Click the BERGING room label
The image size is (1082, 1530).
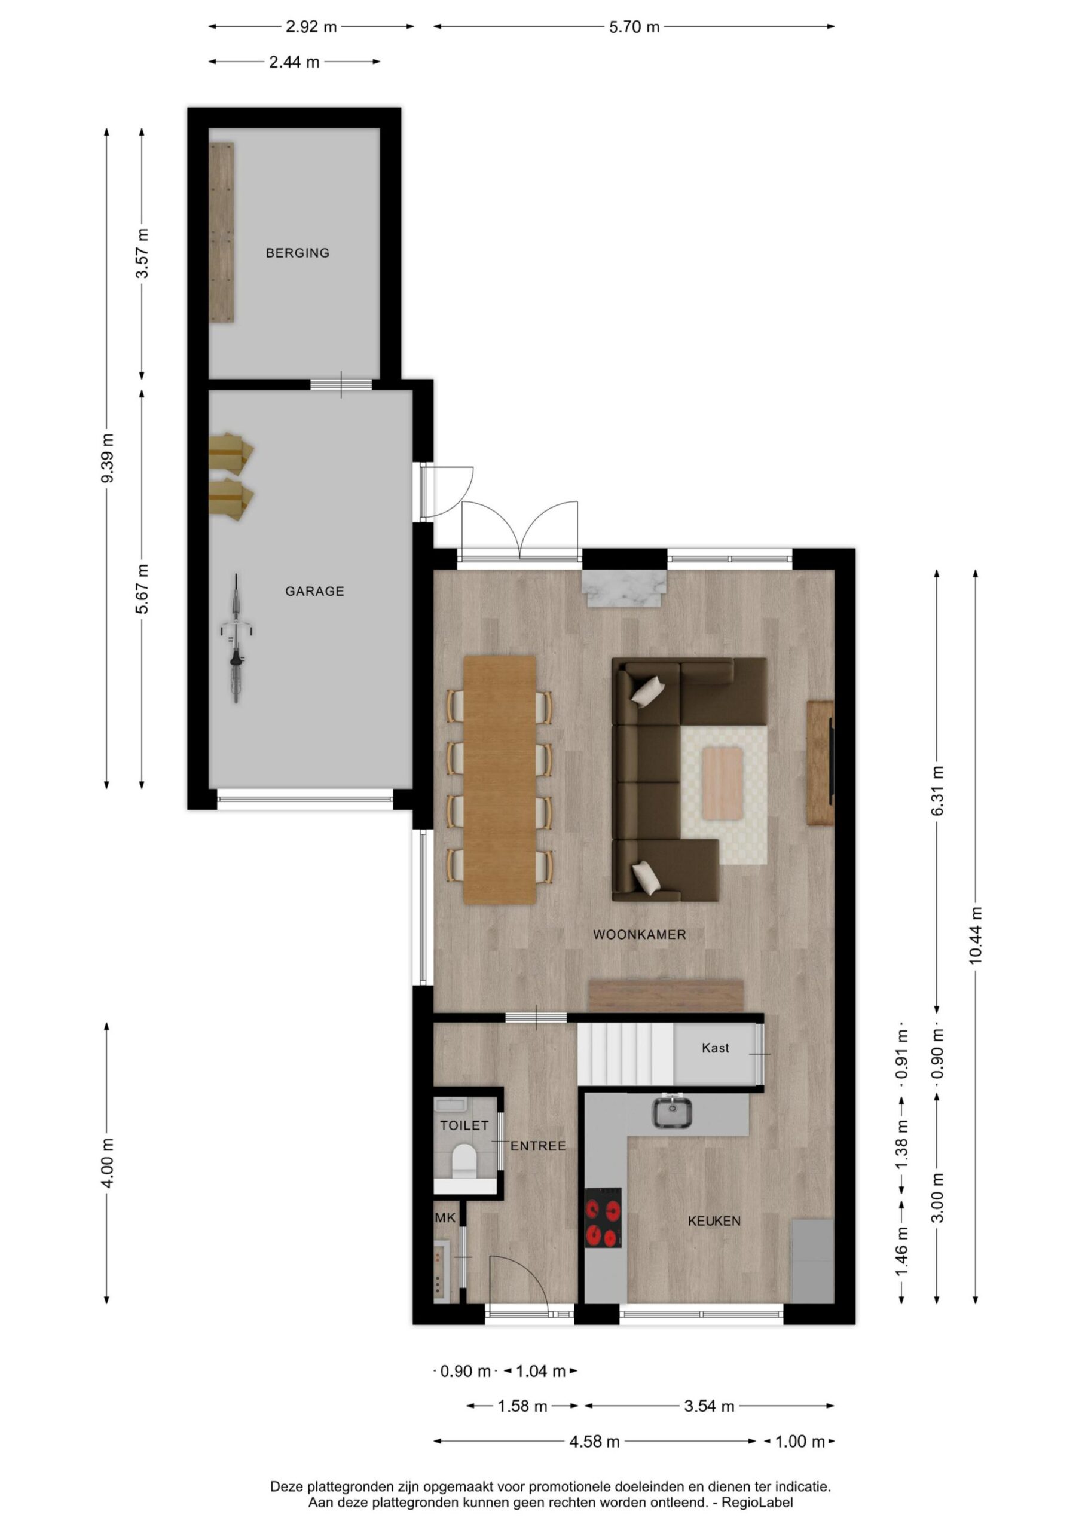tap(297, 253)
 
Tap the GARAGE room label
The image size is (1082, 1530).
tap(314, 591)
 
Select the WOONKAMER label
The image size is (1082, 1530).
tap(639, 935)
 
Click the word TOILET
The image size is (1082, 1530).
tap(464, 1125)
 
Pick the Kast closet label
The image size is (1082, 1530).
tap(716, 1048)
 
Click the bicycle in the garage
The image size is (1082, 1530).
tap(236, 638)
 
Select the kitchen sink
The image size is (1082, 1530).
tap(671, 1111)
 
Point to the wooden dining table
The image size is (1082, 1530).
tap(499, 780)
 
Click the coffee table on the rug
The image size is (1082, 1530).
tap(723, 783)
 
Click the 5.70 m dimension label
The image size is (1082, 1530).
tap(634, 27)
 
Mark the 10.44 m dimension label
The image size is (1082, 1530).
tap(976, 937)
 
